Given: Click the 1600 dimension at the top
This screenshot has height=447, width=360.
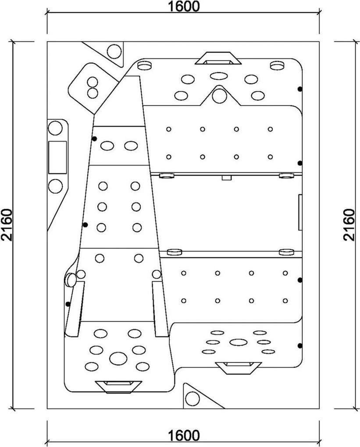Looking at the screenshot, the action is point(183,6).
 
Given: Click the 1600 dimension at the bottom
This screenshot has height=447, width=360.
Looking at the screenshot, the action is point(183,436).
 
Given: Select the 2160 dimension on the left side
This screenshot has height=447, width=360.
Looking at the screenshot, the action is point(7,225).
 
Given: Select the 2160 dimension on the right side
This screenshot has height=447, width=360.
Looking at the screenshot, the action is point(349,225).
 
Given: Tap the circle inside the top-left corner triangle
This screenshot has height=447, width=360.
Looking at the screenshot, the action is point(114,51).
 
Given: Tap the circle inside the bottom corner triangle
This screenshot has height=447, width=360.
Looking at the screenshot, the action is point(192,399).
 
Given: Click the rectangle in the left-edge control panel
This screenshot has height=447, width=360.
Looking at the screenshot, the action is point(57,157).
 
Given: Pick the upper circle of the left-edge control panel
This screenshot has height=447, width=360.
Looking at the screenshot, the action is point(55,128).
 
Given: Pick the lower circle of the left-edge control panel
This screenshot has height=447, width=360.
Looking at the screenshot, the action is point(55,186).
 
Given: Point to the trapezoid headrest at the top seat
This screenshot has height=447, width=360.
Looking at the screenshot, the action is point(218,58).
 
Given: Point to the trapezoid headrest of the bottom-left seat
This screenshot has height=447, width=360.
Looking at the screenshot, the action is point(118,387).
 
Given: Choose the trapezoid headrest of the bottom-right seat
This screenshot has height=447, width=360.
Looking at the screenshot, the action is point(239,368).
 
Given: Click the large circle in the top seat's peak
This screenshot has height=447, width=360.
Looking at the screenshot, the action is point(219,96).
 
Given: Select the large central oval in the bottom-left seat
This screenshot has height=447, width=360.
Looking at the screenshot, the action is point(118,358).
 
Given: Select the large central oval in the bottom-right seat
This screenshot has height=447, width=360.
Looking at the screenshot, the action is point(239,342).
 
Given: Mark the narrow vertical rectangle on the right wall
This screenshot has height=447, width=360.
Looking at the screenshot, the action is point(300,213).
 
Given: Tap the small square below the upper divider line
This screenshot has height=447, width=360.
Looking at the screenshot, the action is point(226,177).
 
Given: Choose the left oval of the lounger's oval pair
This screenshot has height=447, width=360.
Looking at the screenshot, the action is point(107,146).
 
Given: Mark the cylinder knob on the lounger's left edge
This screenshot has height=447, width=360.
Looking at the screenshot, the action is point(71,280).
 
